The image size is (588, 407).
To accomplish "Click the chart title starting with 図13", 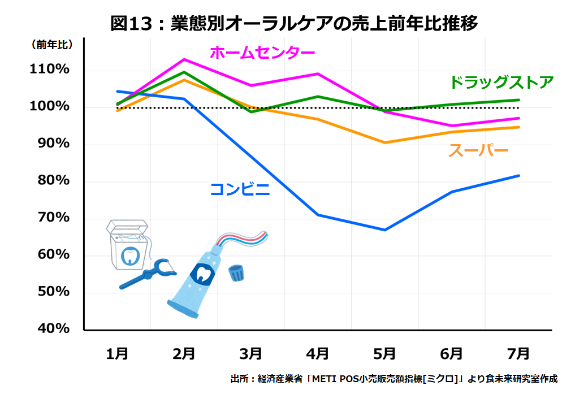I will click(x=294, y=23).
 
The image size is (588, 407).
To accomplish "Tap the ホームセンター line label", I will click(x=262, y=53).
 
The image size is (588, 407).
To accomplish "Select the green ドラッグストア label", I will click(x=501, y=83).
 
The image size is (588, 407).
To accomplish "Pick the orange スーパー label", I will click(x=478, y=151).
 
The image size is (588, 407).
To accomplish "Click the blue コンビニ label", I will click(x=240, y=189).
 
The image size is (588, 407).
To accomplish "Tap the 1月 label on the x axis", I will click(x=117, y=354).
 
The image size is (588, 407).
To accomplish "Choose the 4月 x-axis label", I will click(x=317, y=354).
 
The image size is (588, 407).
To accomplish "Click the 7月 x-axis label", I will click(x=518, y=354).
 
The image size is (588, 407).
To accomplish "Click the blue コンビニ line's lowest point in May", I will click(x=384, y=230).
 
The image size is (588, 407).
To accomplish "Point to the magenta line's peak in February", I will click(x=184, y=59).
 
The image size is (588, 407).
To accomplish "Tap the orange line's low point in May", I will click(x=384, y=142).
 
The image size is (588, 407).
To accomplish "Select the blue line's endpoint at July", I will click(x=518, y=176).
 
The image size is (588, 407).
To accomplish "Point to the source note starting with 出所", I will click(x=394, y=379).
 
